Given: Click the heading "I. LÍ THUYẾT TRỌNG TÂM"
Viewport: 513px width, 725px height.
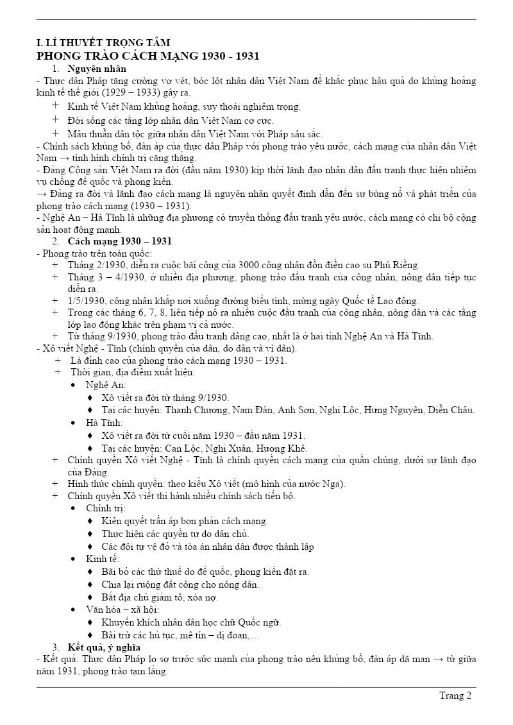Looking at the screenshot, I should [x=103, y=43].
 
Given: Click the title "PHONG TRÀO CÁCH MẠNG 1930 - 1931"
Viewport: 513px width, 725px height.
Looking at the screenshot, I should [x=147, y=56].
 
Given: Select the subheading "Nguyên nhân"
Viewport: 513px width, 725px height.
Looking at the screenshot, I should [x=97, y=69].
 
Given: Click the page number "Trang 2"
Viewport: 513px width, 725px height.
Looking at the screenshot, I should [x=455, y=695].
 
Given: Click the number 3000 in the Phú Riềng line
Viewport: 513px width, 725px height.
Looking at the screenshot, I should [x=250, y=265].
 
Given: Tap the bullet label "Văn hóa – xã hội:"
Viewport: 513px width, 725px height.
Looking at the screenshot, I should [x=122, y=609].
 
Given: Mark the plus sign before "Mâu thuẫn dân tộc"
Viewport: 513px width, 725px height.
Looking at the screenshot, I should [x=56, y=133].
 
